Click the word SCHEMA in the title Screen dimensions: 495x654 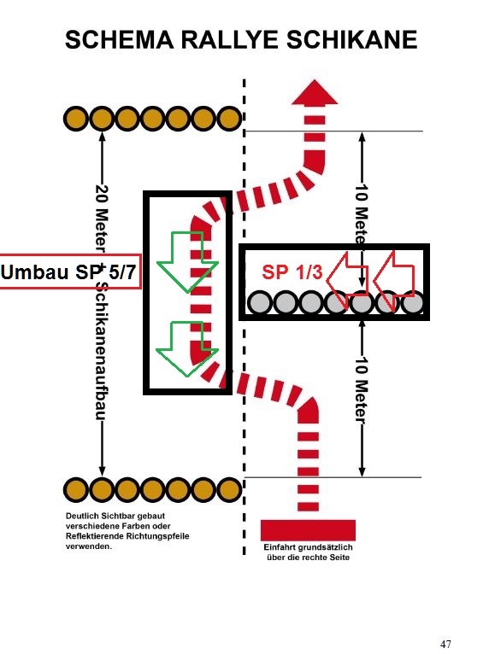[120, 40]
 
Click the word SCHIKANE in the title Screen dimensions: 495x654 [351, 40]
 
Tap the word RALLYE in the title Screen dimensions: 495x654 [230, 40]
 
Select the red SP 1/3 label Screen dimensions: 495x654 [292, 272]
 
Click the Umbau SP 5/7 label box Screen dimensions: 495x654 [70, 272]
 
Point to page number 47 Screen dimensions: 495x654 [445, 644]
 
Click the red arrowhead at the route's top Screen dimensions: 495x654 [315, 92]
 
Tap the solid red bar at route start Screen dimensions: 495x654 [308, 530]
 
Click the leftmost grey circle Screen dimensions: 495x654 [260, 303]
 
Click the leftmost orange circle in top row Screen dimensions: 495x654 [76, 119]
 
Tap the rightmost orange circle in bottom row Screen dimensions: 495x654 [229, 489]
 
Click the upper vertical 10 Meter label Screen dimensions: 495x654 [362, 214]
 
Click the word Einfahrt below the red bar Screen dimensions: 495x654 [280, 547]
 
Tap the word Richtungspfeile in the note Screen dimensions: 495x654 [159, 536]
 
